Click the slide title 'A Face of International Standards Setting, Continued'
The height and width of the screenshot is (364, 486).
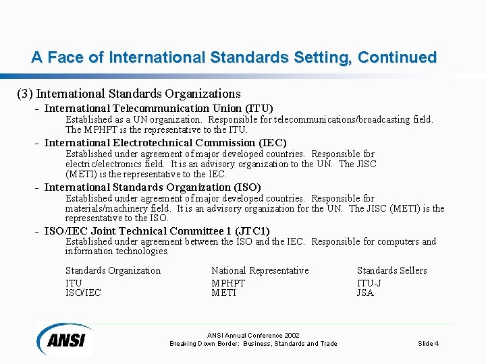(x=234, y=57)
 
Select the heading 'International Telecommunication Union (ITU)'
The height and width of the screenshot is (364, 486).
(x=159, y=108)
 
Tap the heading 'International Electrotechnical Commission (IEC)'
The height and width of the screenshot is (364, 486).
(x=165, y=142)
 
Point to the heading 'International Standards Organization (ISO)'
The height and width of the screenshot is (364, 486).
(x=153, y=187)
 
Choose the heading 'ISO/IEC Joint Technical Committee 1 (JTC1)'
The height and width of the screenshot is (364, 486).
(x=157, y=231)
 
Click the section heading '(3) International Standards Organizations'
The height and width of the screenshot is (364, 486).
(x=129, y=93)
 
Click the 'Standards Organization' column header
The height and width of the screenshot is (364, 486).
(x=113, y=270)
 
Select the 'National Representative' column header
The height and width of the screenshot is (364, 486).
(x=260, y=270)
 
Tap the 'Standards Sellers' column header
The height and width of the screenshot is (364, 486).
(x=391, y=270)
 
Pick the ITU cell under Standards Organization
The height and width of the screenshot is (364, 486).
(x=74, y=283)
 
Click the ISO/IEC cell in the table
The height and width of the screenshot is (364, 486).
(x=83, y=293)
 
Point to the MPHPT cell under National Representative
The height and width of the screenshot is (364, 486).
(x=228, y=283)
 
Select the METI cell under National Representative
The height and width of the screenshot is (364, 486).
(x=223, y=293)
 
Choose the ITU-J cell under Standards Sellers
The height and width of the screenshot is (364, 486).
(x=369, y=283)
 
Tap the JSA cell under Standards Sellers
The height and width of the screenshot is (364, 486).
(x=365, y=293)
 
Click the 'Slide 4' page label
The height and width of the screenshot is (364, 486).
(x=428, y=344)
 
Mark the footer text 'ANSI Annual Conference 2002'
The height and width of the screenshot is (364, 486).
(x=253, y=335)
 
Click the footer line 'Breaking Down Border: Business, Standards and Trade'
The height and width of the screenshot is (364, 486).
(x=253, y=344)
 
